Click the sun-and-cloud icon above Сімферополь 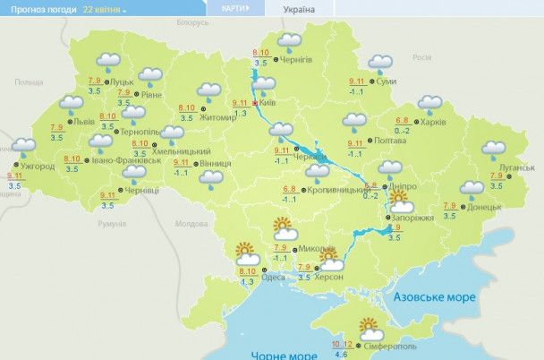(x=370, y=328)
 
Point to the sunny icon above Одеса (x=245, y=255)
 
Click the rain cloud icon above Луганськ (x=494, y=150)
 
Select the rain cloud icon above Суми (x=379, y=64)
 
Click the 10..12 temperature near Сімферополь (x=341, y=344)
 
